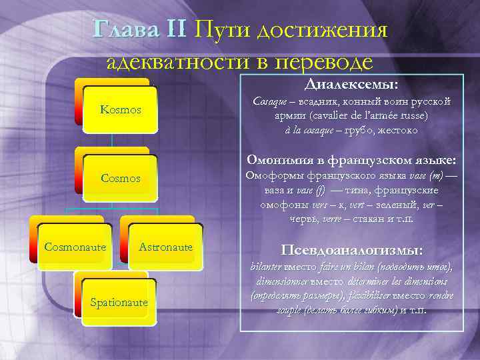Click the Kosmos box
[x=121, y=109]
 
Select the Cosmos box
[x=121, y=179]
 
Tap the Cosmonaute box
[x=75, y=247]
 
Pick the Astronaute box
[x=166, y=247]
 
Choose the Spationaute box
[x=119, y=302]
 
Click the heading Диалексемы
[x=351, y=85]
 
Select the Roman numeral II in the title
[x=175, y=29]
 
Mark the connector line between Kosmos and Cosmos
[x=112, y=139]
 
